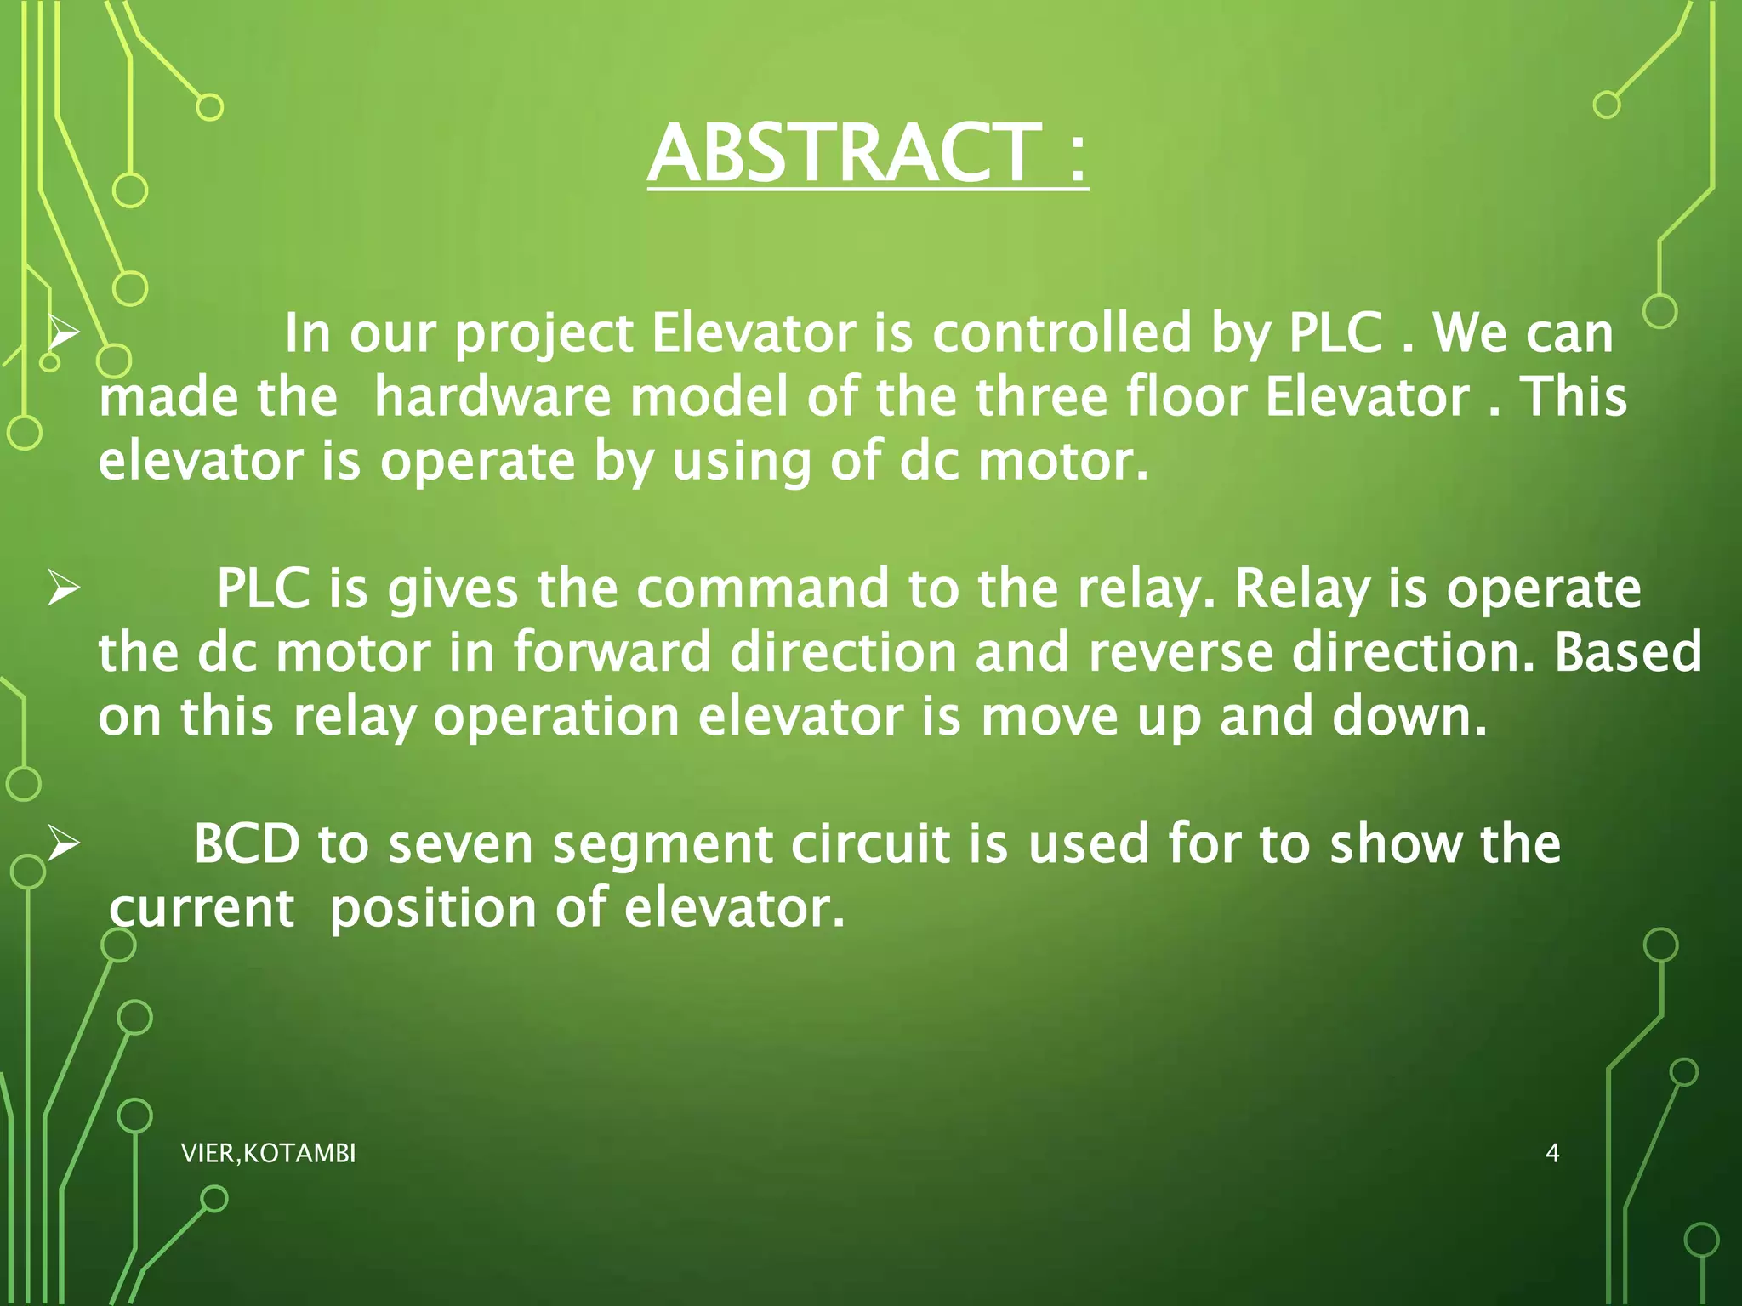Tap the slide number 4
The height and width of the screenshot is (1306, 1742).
click(1551, 1153)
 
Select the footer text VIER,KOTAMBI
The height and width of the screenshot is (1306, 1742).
click(268, 1153)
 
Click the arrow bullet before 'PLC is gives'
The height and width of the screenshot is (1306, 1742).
click(64, 589)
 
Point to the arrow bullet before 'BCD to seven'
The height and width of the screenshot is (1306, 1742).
click(64, 844)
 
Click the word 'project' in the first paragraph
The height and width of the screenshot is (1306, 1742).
click(544, 334)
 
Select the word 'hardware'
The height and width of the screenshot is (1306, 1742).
click(492, 397)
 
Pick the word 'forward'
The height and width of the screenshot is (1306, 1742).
click(611, 653)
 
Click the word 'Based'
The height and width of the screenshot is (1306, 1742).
click(1628, 653)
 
